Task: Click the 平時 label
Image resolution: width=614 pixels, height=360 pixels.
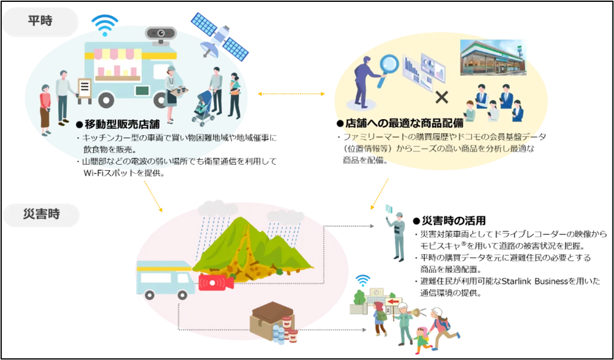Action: pyautogui.click(x=41, y=20)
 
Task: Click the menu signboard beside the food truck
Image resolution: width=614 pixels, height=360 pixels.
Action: pyautogui.click(x=85, y=88)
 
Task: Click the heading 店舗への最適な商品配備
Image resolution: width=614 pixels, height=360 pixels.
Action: pyautogui.click(x=405, y=123)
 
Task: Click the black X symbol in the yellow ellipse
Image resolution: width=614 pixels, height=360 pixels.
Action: pyautogui.click(x=441, y=96)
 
